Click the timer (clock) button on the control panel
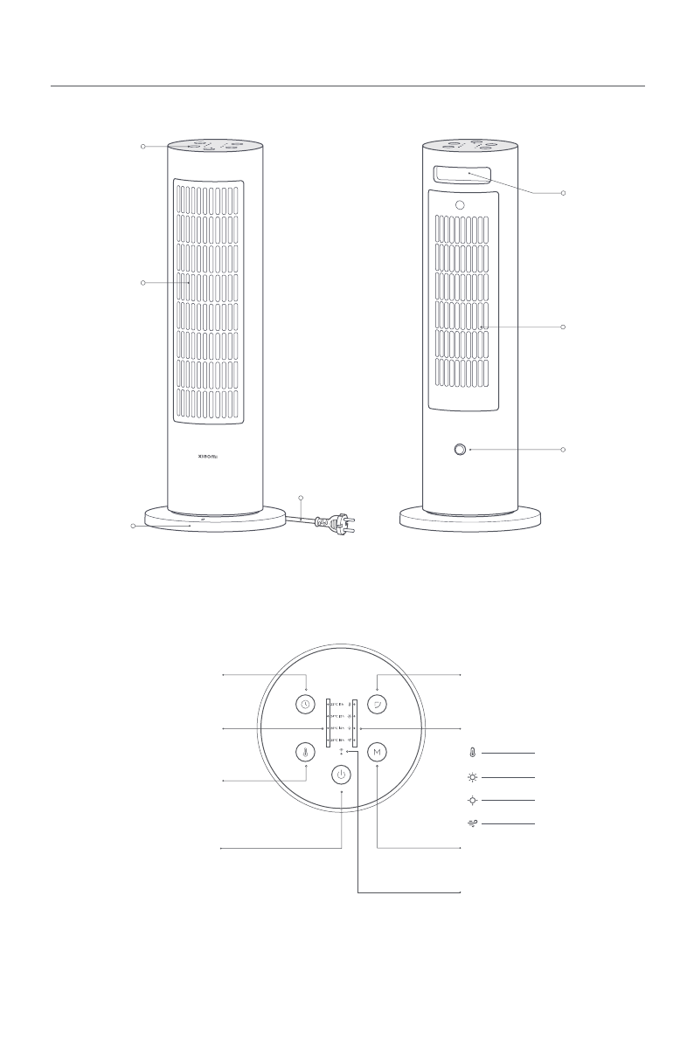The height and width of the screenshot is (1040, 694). (x=305, y=705)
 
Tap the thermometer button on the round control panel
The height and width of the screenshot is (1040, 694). (x=305, y=752)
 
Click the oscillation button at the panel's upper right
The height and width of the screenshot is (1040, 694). (x=377, y=705)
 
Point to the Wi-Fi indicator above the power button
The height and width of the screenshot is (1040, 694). (x=342, y=750)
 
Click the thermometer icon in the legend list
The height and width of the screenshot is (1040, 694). (x=473, y=752)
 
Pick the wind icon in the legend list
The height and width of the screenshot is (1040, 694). (x=473, y=823)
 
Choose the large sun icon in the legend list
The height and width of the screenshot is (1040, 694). (x=473, y=775)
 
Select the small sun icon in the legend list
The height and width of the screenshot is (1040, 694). (x=473, y=800)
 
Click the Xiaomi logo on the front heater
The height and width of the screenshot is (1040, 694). (x=214, y=455)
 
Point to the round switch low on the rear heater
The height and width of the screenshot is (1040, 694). (x=460, y=450)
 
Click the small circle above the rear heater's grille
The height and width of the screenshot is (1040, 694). (x=459, y=204)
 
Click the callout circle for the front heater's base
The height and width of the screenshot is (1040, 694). (x=133, y=527)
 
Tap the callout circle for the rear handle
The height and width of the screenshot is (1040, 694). (x=565, y=191)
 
